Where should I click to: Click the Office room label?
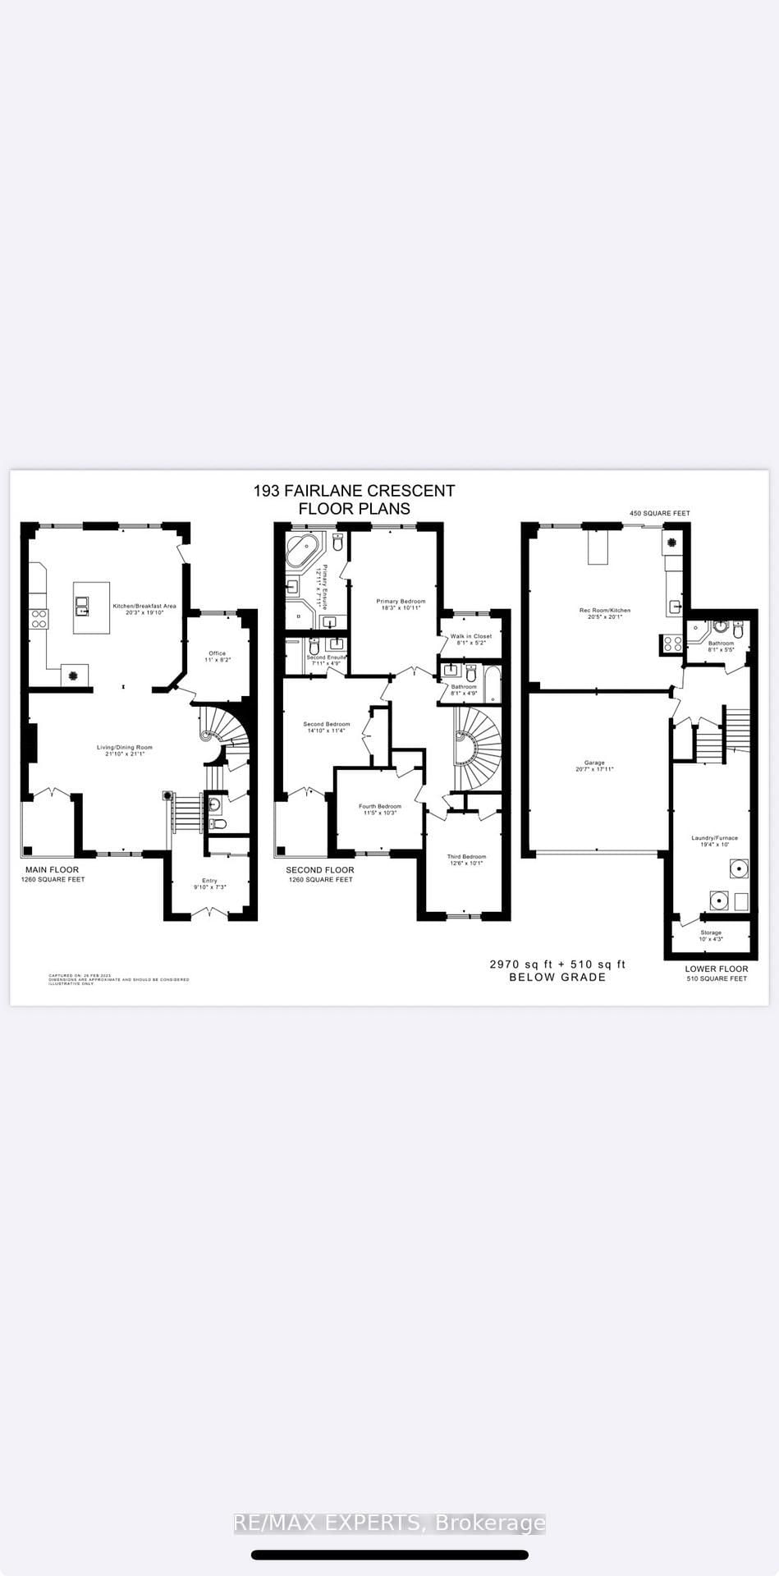pos(217,653)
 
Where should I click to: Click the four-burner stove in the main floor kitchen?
pos(39,618)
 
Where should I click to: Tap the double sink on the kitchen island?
pos(83,607)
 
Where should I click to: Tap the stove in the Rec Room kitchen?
pos(672,644)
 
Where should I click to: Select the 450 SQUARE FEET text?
pos(660,513)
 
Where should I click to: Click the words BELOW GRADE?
pos(557,977)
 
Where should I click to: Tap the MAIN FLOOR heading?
pos(53,869)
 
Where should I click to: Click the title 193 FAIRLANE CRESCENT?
pos(354,491)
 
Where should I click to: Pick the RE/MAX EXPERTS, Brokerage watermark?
pos(390,1523)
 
